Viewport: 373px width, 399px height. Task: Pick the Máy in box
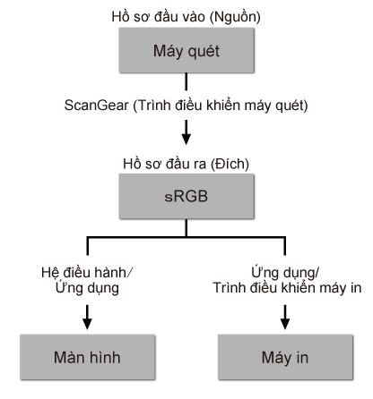click(x=285, y=356)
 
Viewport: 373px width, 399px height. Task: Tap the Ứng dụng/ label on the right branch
click(x=285, y=273)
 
